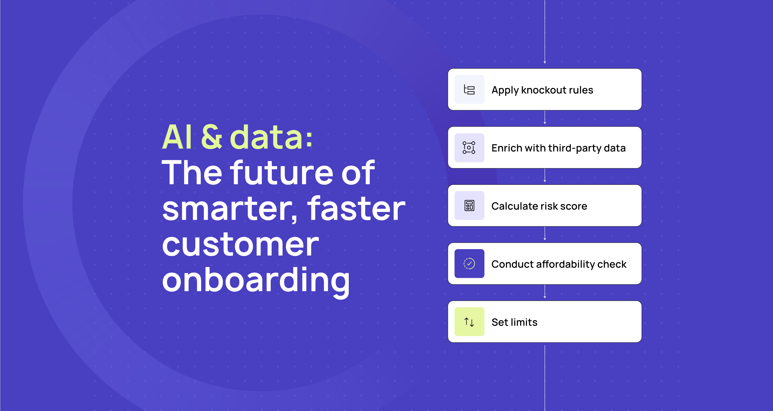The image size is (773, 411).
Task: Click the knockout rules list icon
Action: tap(469, 90)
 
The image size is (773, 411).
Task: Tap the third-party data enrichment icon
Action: tap(469, 148)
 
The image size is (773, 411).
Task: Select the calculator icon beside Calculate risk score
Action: tap(469, 206)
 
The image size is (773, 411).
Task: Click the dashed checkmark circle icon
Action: tap(469, 264)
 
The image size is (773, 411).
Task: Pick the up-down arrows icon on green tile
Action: tap(469, 322)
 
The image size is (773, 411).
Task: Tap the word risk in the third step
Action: tap(549, 206)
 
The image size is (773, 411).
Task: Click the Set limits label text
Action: tap(514, 322)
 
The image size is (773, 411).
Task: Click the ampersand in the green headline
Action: tap(212, 137)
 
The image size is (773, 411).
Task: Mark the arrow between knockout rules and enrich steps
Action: tap(545, 117)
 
